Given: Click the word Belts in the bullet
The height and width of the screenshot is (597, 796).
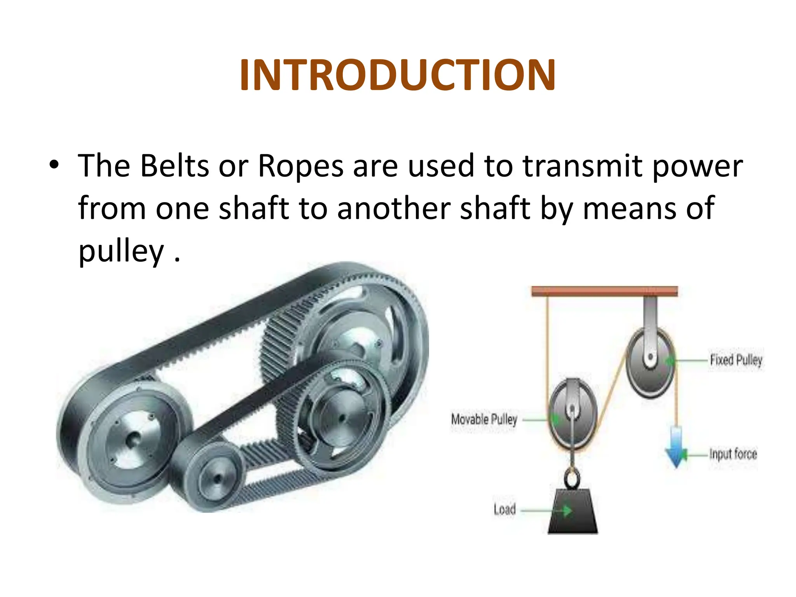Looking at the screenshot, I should coord(175,166).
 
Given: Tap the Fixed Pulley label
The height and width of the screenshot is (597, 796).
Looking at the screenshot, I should coord(736,360).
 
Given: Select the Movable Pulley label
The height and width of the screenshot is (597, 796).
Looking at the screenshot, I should coord(484,419).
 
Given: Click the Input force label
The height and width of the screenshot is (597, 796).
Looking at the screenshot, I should coord(733,454).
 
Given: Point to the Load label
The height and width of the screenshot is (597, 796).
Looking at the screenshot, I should coord(504,509).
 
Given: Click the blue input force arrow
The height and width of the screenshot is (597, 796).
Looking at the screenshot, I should coord(676,447).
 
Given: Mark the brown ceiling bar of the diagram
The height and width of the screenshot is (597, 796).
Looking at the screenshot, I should coord(604,291).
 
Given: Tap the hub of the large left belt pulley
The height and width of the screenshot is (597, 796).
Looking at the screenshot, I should coord(133,439).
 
